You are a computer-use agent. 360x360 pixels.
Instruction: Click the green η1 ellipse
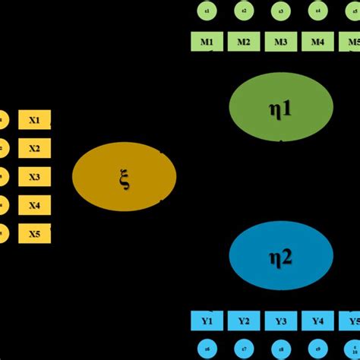tap(281, 109)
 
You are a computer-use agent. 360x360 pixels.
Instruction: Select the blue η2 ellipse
tap(281, 255)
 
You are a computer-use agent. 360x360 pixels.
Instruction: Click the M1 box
tap(207, 42)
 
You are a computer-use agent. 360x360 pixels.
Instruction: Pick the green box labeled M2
tap(243, 42)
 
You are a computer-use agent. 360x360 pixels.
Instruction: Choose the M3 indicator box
tap(280, 42)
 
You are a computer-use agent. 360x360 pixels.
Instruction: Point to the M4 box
tap(317, 42)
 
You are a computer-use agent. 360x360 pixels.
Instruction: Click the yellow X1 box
tap(34, 118)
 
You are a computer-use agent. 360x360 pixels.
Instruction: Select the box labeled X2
tap(34, 147)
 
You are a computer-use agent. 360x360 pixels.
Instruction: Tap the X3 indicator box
tap(34, 176)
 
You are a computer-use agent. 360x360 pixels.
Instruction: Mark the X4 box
tap(34, 205)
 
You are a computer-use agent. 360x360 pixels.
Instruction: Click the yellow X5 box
tap(34, 234)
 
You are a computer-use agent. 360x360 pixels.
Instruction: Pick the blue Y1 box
tap(207, 321)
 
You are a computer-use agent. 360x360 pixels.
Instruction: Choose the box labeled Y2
tap(244, 321)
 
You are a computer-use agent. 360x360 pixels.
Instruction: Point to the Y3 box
tap(280, 321)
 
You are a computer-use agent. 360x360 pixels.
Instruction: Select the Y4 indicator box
tap(317, 321)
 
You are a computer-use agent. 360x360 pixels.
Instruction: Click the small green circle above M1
tap(207, 11)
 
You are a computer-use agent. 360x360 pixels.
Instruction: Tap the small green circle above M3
tap(280, 11)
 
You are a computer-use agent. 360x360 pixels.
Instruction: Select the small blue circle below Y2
tap(244, 349)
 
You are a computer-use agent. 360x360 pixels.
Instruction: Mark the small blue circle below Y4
tap(317, 349)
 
